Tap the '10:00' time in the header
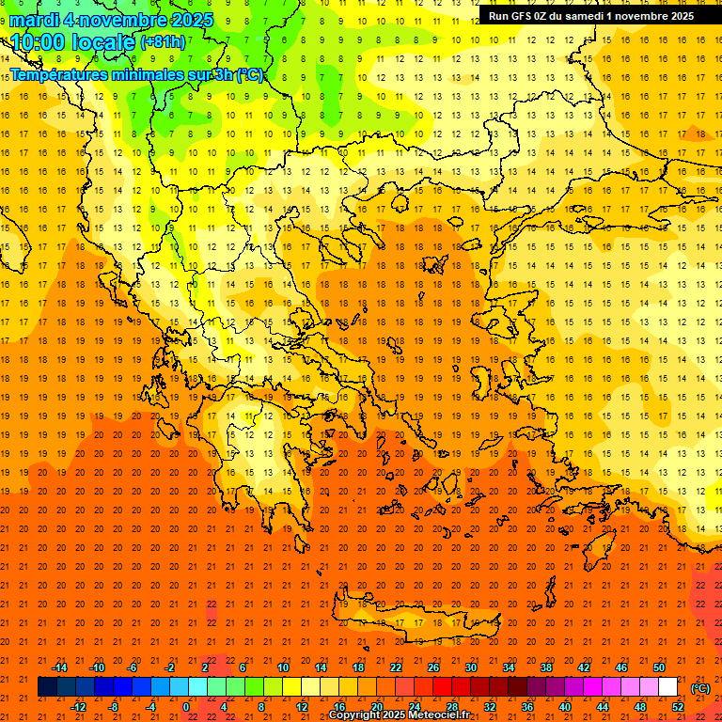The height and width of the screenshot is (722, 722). tap(37, 41)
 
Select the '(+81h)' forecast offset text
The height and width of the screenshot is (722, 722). tap(163, 42)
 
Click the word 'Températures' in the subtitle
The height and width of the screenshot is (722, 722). tap(55, 75)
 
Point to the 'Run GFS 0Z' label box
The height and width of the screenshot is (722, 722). tap(590, 15)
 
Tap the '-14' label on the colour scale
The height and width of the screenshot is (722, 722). tap(59, 667)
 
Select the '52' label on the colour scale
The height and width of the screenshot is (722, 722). tap(678, 707)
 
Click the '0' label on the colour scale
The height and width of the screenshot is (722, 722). tap(186, 707)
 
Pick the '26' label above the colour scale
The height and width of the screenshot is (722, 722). tap(433, 667)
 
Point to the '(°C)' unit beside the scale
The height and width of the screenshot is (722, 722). tap(700, 688)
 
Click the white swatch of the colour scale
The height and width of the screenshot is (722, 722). tap(668, 687)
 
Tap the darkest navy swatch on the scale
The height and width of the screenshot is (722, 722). tap(47, 687)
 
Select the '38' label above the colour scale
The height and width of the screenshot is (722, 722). tap(546, 667)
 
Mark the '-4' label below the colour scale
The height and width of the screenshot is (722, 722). tap(150, 707)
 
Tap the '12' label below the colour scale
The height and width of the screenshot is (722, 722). tap(302, 707)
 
